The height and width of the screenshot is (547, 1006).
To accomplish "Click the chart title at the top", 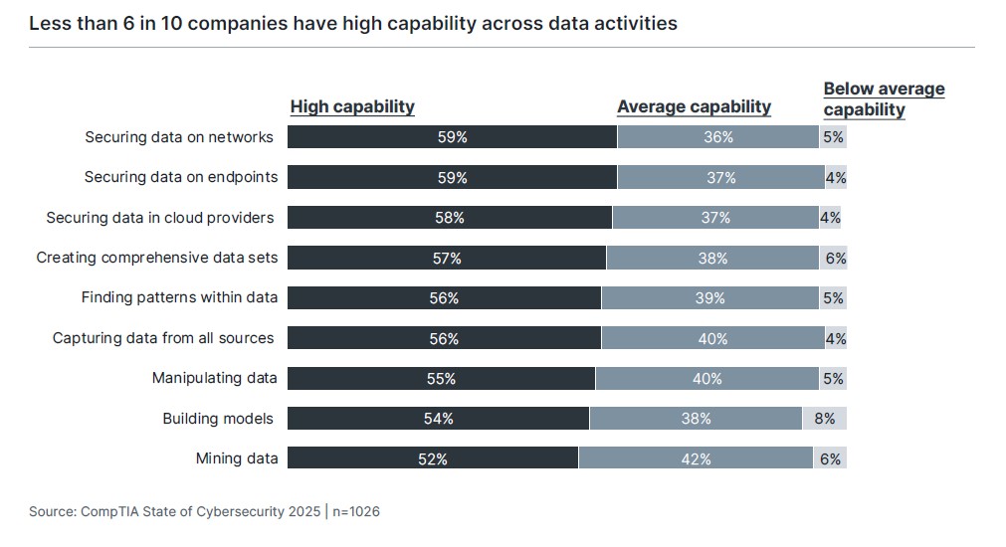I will coord(353,23).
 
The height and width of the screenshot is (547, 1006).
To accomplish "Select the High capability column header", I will coord(352,106).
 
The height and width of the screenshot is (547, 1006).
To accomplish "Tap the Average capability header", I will coord(694,106).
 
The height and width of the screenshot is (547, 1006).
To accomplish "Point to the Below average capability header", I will coord(884,98).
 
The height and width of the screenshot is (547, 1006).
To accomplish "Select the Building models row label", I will coord(218,419).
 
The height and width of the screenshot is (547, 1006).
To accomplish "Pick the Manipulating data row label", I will coord(214,378).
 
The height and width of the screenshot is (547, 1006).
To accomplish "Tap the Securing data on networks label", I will coord(179,137).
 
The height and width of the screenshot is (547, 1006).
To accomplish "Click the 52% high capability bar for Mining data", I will coord(433,458).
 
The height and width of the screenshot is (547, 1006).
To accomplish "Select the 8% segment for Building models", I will coord(824,419).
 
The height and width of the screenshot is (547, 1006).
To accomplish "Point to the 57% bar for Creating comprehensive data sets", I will coord(447,258).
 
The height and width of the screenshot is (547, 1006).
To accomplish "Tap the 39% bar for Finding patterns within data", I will coord(710,297).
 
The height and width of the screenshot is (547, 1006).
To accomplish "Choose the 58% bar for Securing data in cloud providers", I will coord(450,218).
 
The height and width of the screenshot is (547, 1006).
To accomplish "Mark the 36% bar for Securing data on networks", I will coord(717,137).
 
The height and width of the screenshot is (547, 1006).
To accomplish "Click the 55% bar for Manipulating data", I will coord(441,378).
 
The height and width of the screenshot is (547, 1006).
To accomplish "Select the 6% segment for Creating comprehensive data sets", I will coord(834,258).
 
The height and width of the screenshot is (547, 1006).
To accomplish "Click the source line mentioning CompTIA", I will coord(204,511).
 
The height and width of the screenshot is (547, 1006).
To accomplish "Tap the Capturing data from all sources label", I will coord(163,338).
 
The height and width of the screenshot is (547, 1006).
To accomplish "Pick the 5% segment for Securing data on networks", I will coord(833,137).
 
